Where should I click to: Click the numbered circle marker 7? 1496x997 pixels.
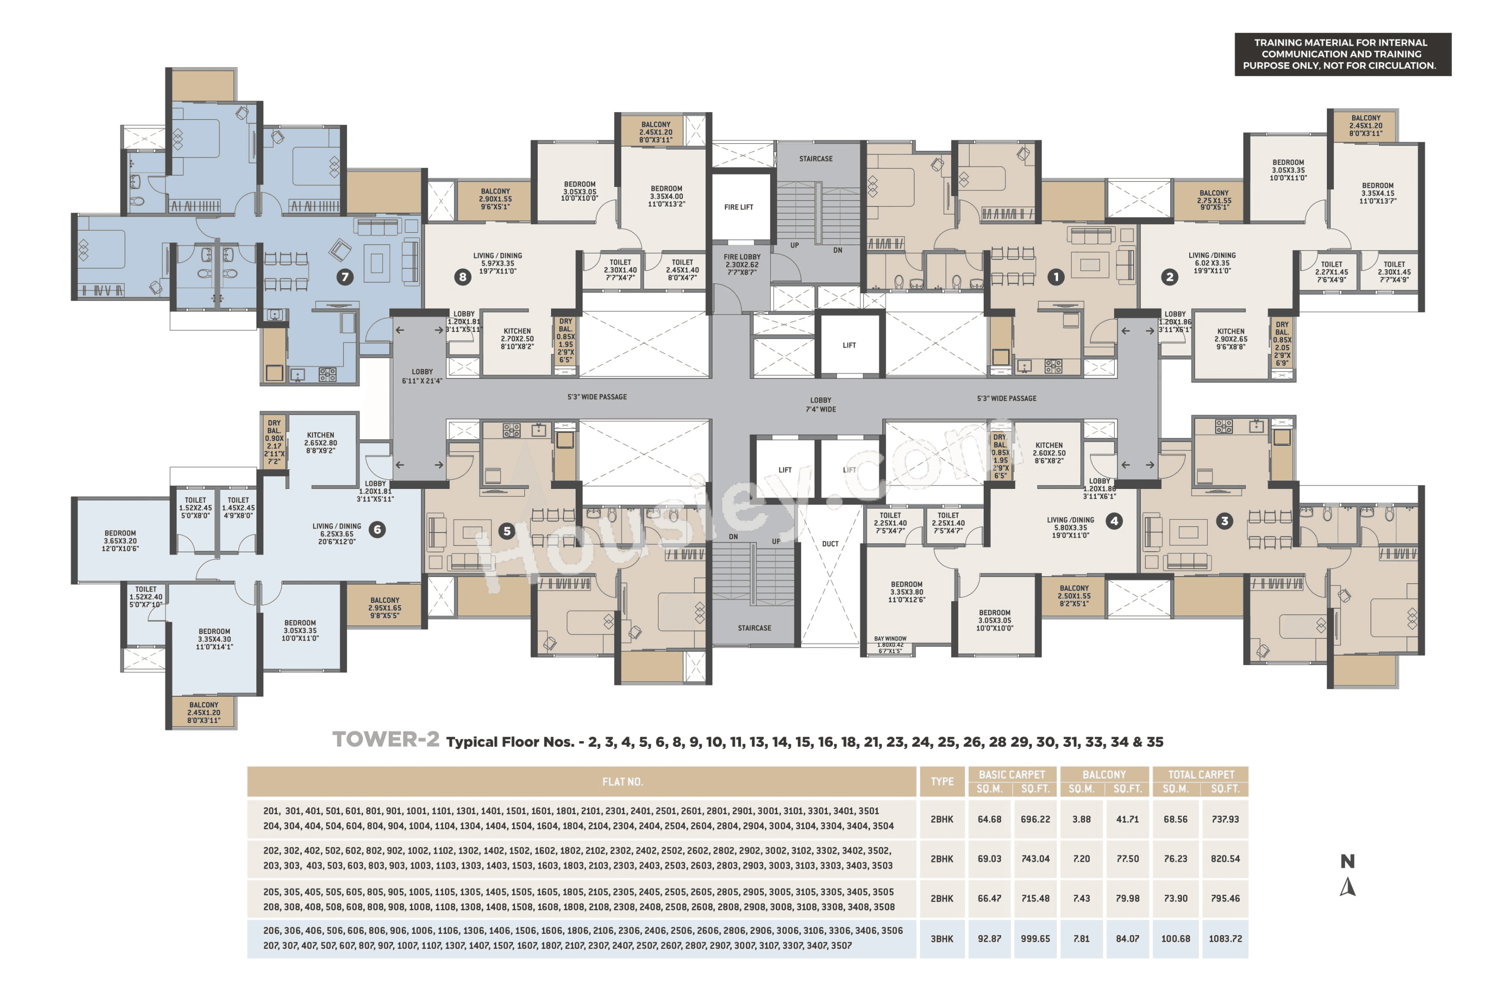click(345, 277)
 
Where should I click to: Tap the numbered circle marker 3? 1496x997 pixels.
click(1224, 521)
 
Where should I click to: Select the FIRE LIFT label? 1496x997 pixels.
click(738, 207)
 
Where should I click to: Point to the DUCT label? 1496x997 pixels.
click(830, 544)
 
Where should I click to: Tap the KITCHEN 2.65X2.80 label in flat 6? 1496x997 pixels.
click(320, 443)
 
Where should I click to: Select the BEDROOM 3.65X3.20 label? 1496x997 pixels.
click(120, 541)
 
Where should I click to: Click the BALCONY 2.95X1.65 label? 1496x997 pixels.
click(385, 608)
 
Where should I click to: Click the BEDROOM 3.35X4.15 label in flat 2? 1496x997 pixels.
click(1378, 193)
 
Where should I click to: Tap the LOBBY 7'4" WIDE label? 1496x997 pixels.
click(820, 405)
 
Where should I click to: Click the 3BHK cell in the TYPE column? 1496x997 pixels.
click(942, 939)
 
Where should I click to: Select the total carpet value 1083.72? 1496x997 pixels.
click(1225, 939)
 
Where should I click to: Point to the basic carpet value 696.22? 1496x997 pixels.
click(1035, 819)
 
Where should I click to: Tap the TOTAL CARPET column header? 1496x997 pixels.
click(1201, 775)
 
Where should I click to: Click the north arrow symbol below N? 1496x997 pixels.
click(1347, 887)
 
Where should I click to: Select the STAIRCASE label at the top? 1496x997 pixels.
click(815, 159)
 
